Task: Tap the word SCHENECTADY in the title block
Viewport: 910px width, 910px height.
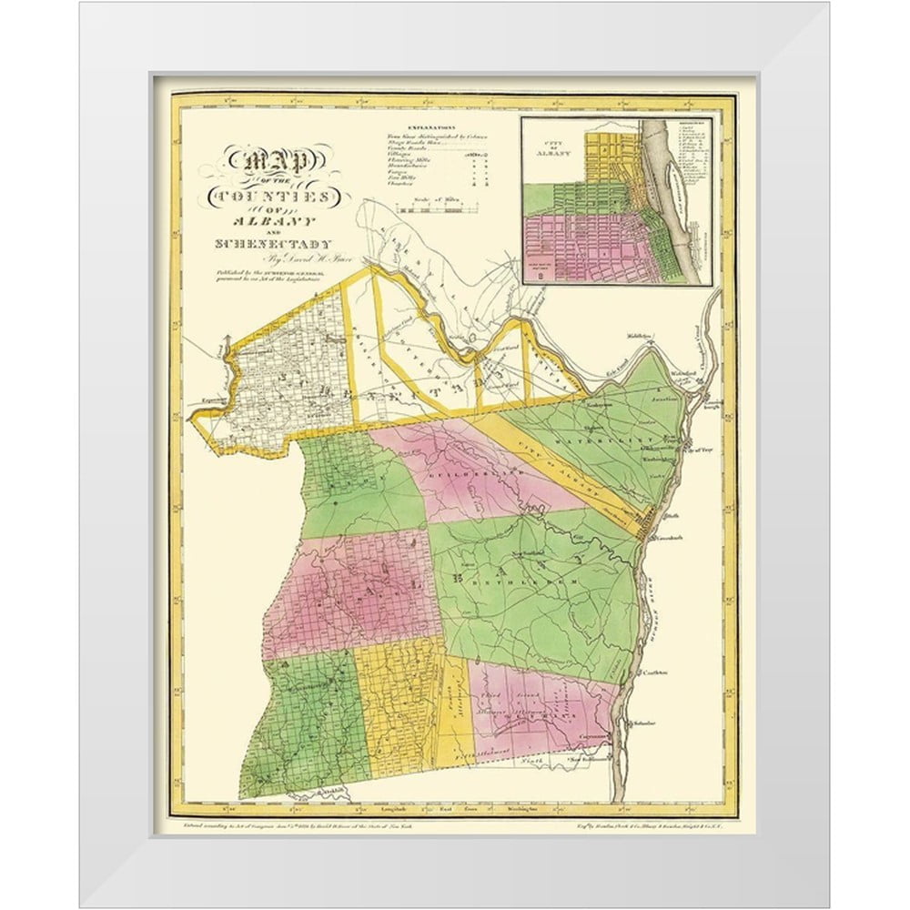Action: [x=273, y=243]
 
